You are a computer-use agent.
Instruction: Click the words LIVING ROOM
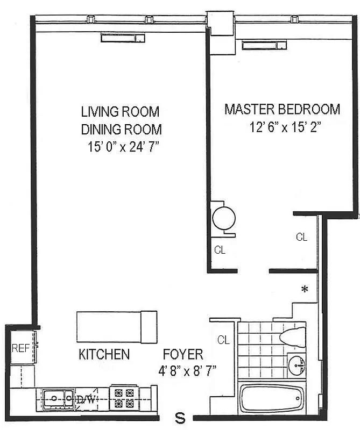coord(120,112)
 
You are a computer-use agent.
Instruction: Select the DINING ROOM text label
coord(121,130)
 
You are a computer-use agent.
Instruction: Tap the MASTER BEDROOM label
coord(282,110)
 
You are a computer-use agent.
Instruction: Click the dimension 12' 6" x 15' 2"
coord(282,127)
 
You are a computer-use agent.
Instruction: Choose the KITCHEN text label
coord(104,354)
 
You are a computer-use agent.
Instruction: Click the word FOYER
coord(183,354)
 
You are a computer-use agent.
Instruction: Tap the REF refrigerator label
coord(20,348)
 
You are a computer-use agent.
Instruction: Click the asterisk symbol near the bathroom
coord(305,290)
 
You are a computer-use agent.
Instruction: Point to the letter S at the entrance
coord(181,417)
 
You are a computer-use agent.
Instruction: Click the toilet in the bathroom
coord(293,338)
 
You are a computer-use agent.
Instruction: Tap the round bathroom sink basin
coord(296,365)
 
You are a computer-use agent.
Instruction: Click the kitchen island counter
coord(117,326)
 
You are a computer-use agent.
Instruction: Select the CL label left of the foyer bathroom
coord(223,340)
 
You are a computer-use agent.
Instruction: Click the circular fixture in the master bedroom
coord(223,218)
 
